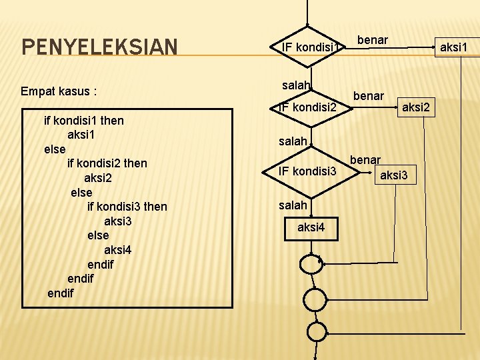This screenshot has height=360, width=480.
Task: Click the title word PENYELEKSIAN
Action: click(99, 47)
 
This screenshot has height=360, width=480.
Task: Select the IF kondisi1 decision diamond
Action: click(308, 47)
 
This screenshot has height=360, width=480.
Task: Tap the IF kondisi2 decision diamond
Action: click(307, 107)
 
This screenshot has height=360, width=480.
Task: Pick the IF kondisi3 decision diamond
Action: click(307, 171)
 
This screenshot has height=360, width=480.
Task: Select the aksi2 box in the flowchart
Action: click(416, 107)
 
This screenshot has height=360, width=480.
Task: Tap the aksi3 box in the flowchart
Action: click(396, 176)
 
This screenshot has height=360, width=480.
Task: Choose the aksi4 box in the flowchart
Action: click(311, 227)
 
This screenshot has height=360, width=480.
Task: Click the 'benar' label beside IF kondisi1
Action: click(373, 41)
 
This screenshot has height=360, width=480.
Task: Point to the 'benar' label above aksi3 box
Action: click(365, 160)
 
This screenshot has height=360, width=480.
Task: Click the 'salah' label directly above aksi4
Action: click(293, 205)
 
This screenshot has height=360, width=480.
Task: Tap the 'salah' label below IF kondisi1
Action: click(296, 85)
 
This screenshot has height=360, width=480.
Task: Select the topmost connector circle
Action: click(312, 264)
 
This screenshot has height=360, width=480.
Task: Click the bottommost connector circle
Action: click(315, 331)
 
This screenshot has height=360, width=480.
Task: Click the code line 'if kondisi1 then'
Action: click(83, 121)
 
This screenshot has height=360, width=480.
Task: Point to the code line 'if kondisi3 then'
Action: click(127, 206)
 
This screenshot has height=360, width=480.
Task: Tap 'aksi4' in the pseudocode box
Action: click(118, 250)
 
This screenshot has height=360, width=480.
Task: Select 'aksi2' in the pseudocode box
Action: click(98, 178)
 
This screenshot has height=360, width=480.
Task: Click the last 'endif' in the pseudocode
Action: click(61, 293)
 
